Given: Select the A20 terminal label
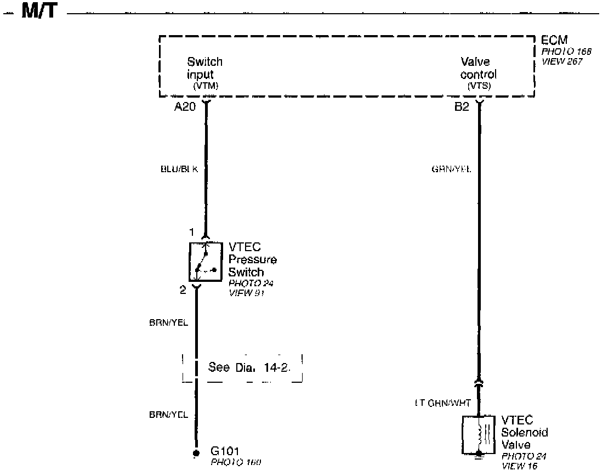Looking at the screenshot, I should click(185, 107).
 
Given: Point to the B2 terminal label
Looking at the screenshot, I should click(462, 107).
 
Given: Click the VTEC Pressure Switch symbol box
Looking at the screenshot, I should click(206, 262).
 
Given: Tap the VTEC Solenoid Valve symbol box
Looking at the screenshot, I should click(480, 434).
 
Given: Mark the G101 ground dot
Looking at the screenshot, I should click(196, 453).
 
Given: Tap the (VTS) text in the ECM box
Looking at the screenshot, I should click(479, 87).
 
